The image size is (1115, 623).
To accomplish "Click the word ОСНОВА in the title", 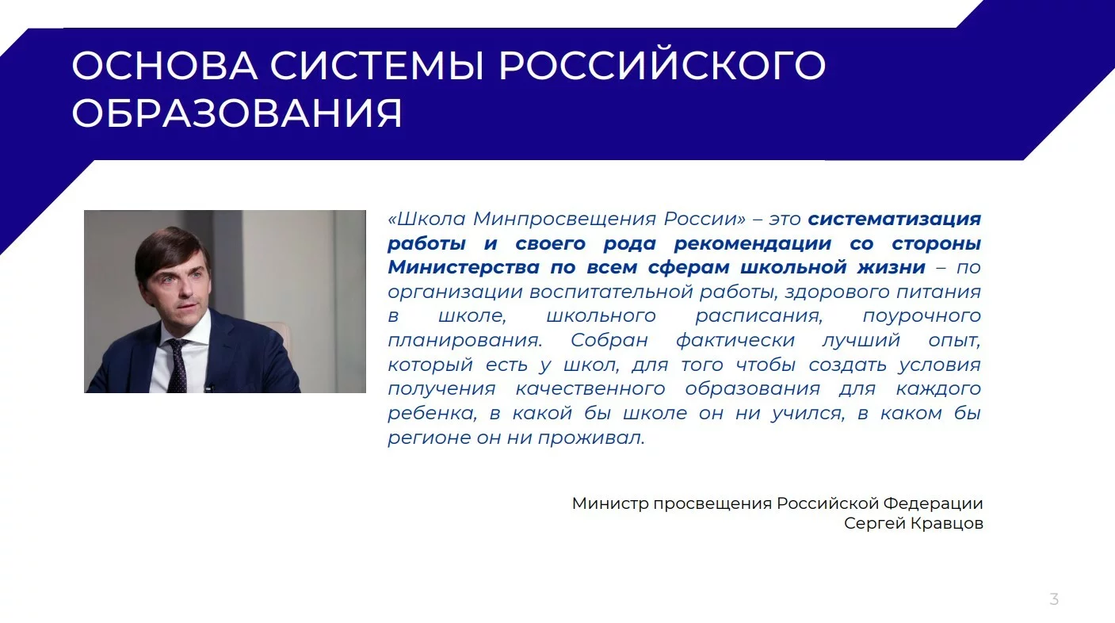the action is pos(165,65).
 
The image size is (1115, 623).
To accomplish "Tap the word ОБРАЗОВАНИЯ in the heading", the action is pos(237,113).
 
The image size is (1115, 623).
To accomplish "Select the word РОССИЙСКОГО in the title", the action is pos(662,64).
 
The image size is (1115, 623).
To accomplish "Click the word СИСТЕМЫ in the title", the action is pos(377,65).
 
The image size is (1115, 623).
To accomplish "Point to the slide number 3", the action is pos(1054,598).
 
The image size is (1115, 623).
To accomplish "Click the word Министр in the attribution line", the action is pos(610,503).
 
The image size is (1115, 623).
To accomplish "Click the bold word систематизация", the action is pos(894,219).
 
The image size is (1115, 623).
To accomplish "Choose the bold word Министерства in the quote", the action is pos(464,267).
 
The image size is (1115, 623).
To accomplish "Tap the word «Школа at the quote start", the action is pos(426,219).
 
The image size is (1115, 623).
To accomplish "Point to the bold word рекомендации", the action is pos(753,244).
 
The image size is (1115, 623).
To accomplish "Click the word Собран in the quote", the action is pos(609,341).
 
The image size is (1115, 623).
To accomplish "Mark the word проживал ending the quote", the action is pos(591,438).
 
